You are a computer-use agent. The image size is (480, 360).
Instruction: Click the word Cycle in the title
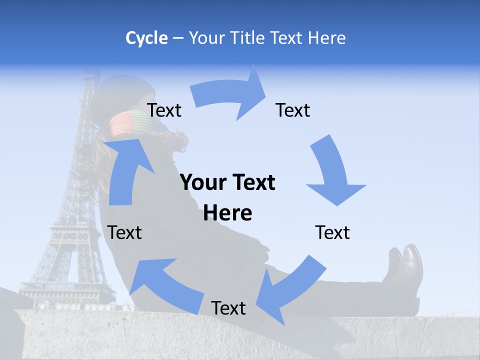(146, 38)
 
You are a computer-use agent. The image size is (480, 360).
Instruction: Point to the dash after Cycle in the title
(178, 38)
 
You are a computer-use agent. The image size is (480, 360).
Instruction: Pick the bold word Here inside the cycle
(227, 213)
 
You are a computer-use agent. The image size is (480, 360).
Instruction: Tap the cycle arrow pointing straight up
(127, 170)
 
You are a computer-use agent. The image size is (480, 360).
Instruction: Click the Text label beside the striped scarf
(164, 110)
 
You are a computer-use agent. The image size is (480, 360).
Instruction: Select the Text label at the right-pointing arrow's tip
(293, 110)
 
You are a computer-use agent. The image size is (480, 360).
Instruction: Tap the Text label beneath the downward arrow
(332, 232)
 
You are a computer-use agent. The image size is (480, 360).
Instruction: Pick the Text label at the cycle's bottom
(228, 308)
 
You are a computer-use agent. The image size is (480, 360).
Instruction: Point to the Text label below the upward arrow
(125, 232)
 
